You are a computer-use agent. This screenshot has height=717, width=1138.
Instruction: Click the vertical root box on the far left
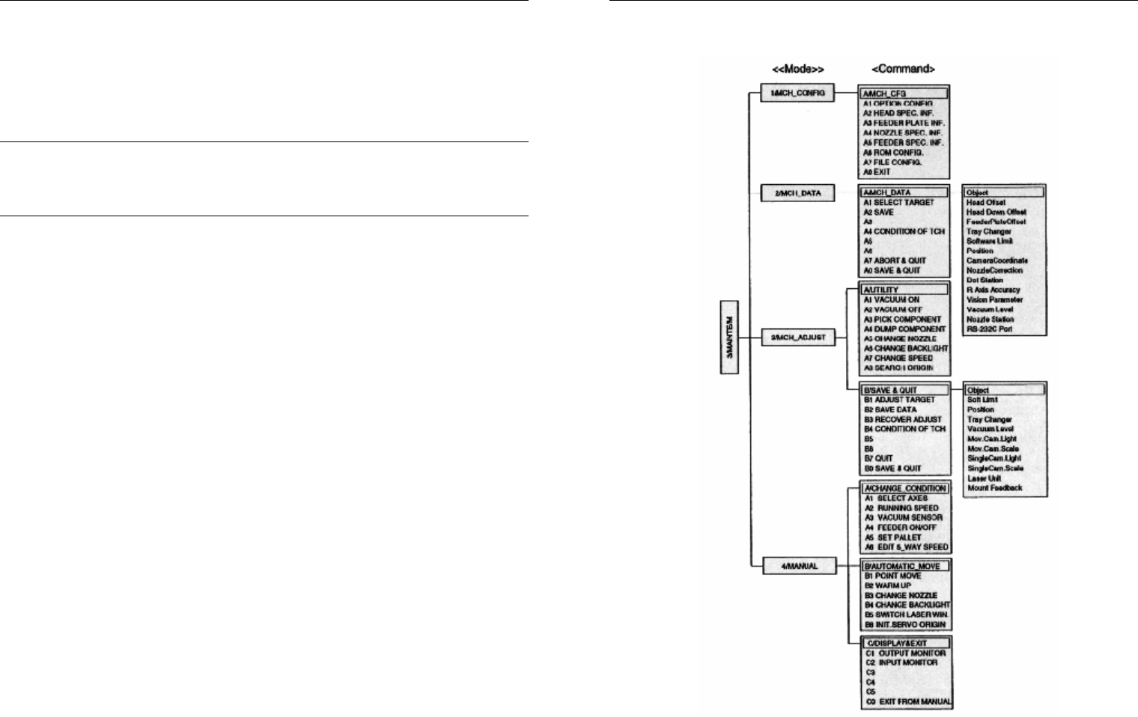pyautogui.click(x=729, y=337)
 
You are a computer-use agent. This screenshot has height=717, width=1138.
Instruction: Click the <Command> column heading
pyautogui.click(x=903, y=69)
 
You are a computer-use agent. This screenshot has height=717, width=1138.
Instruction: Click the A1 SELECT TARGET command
pyautogui.click(x=898, y=203)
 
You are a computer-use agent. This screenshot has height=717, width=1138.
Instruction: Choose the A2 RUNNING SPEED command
pyautogui.click(x=901, y=508)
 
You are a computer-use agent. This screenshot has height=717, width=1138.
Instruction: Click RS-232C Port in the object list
pyautogui.click(x=989, y=329)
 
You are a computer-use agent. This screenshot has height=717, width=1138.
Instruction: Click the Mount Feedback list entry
pyautogui.click(x=994, y=488)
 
